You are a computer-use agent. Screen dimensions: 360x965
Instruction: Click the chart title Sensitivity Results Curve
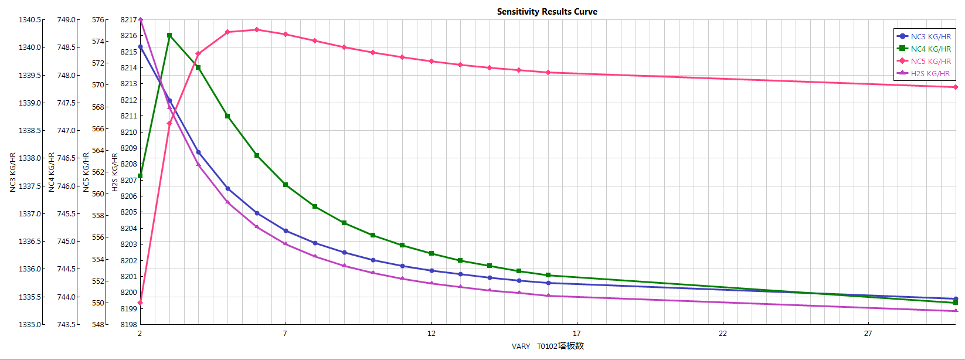point(547,12)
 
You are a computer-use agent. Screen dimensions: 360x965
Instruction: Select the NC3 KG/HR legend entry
point(930,36)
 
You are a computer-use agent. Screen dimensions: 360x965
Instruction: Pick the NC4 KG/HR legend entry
point(930,49)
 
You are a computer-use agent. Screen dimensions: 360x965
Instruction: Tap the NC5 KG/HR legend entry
point(930,61)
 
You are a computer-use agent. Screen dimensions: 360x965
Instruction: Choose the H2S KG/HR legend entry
point(930,73)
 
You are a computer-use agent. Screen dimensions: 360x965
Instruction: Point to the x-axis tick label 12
point(431,333)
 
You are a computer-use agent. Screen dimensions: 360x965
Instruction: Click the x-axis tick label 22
point(722,333)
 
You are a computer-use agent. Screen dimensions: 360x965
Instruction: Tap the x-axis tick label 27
point(868,333)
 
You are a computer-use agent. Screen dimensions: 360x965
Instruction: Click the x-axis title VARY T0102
point(548,346)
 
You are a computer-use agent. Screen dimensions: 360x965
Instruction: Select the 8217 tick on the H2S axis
point(128,20)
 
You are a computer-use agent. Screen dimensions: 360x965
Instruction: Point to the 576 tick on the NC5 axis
point(98,20)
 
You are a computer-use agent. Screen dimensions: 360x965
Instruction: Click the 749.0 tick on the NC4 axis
point(66,20)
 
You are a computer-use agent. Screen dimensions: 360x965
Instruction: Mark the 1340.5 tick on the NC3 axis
point(30,20)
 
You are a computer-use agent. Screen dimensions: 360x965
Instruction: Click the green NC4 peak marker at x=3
point(169,36)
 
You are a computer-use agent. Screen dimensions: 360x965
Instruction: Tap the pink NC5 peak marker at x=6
point(257,30)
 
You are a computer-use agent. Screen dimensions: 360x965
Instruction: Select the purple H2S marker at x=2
point(140,20)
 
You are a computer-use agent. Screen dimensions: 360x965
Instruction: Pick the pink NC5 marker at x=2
point(140,303)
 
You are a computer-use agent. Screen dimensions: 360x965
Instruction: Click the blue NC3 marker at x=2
point(140,47)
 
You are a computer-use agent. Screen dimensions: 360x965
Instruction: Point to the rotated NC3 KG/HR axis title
point(13,172)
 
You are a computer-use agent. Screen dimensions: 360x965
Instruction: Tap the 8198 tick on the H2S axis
point(128,324)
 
